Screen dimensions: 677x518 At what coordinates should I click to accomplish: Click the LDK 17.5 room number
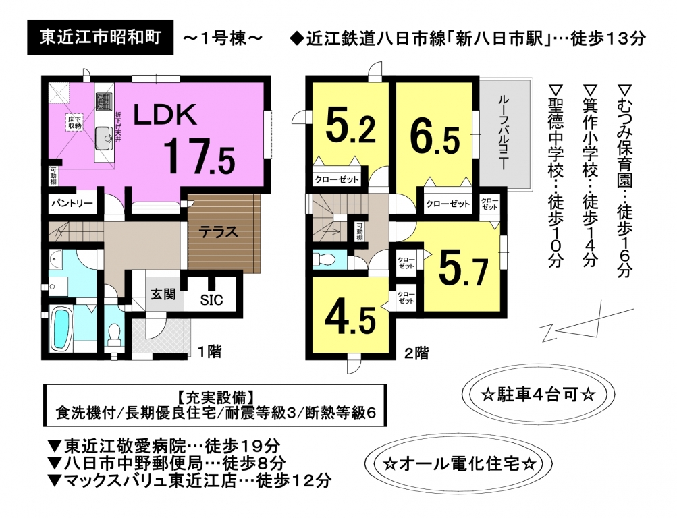(199, 156)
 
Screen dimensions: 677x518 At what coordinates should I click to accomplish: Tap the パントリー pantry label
(73, 203)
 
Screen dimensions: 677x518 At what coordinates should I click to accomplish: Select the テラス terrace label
(219, 231)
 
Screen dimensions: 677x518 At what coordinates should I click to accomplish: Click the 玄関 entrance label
(163, 295)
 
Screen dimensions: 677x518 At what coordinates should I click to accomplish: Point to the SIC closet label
(211, 299)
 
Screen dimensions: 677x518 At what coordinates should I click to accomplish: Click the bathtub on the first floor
(61, 327)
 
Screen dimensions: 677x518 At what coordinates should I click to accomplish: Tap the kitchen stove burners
(104, 102)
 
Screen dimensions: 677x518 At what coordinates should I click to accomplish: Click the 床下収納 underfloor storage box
(74, 122)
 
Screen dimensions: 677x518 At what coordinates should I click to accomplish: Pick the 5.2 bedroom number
(350, 126)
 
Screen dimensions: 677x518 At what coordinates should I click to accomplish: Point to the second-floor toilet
(324, 259)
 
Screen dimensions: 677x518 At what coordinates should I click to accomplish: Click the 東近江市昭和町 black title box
(100, 38)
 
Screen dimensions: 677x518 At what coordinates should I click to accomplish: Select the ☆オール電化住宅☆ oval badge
(460, 465)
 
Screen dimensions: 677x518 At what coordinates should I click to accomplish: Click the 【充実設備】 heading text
(215, 396)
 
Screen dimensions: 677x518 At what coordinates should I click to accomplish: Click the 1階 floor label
(209, 352)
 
